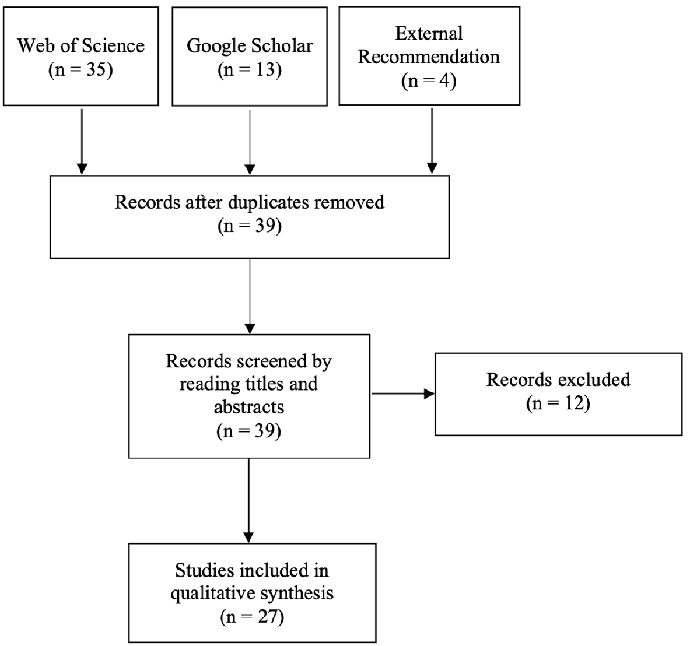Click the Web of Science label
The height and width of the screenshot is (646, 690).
click(x=81, y=45)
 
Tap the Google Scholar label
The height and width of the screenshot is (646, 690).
click(x=250, y=45)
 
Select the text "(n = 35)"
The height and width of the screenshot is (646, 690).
click(x=81, y=69)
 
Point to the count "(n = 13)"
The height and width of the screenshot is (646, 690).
click(x=250, y=69)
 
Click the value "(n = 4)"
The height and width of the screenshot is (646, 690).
click(x=429, y=81)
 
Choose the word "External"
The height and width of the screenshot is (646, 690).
click(x=429, y=33)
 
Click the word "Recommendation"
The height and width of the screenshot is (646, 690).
click(x=429, y=57)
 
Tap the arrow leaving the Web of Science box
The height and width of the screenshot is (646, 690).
click(x=82, y=142)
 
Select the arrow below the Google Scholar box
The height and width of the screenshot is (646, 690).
click(x=250, y=142)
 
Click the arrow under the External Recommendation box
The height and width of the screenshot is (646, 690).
click(x=432, y=141)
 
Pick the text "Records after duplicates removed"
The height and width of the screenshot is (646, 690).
click(x=250, y=202)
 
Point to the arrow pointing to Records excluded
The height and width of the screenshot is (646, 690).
click(x=403, y=394)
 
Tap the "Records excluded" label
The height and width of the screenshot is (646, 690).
click(x=558, y=380)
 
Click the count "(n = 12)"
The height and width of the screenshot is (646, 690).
click(x=558, y=403)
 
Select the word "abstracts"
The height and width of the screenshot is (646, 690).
click(x=249, y=407)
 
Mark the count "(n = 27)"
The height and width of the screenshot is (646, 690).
click(x=252, y=617)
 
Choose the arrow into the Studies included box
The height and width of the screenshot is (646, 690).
click(x=248, y=500)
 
